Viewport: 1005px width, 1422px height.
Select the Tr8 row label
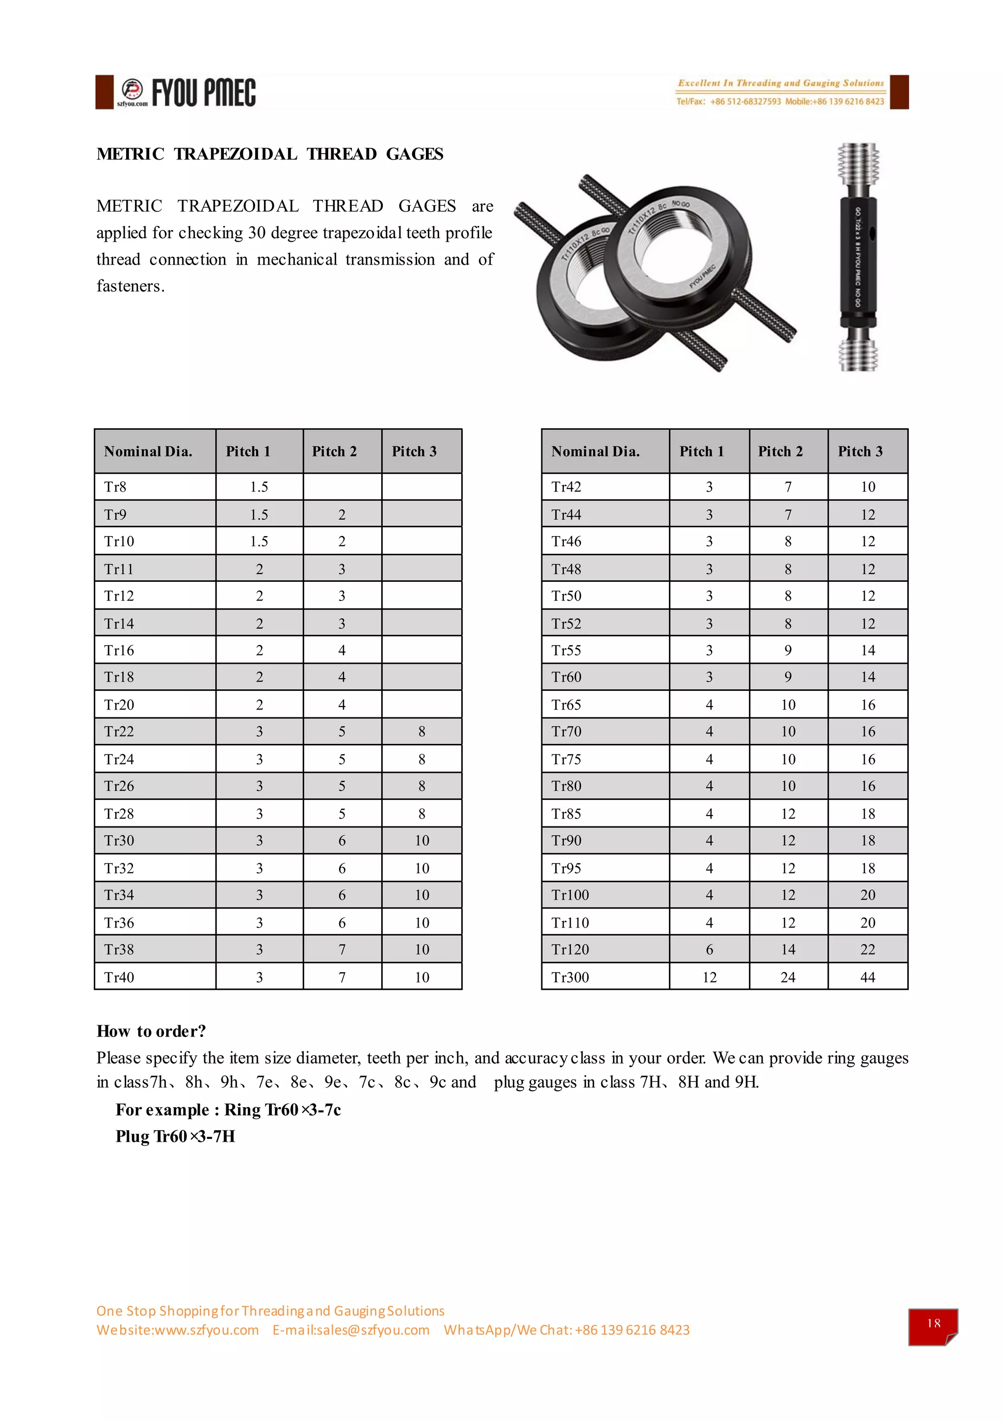(x=116, y=487)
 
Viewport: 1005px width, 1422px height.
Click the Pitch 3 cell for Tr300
(x=867, y=977)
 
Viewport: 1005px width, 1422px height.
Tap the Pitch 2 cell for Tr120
(x=787, y=950)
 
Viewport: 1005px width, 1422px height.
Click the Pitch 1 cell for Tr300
(x=709, y=977)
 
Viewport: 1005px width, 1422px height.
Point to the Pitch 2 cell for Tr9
(x=342, y=515)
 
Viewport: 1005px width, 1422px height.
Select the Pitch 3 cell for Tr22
(x=422, y=732)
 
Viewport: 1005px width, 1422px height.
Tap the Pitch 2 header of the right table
(x=780, y=452)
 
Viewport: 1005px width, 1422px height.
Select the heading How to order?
(x=151, y=1031)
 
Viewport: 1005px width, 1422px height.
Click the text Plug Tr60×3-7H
(x=175, y=1137)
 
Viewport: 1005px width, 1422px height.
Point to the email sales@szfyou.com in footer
(x=351, y=1330)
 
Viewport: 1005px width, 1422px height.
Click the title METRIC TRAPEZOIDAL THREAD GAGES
(x=270, y=154)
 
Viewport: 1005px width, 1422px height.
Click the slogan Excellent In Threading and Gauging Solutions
(x=780, y=83)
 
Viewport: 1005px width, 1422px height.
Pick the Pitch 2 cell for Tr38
(x=342, y=950)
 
